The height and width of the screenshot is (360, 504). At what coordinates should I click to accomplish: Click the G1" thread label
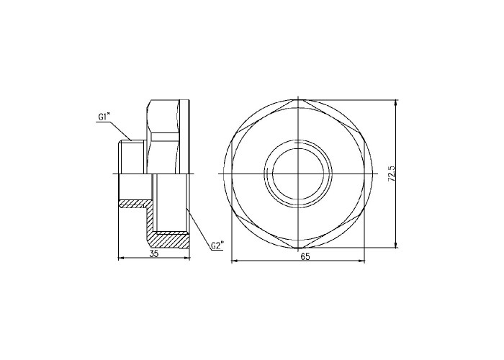(x=104, y=117)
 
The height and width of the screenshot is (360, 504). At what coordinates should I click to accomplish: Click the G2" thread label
(x=217, y=246)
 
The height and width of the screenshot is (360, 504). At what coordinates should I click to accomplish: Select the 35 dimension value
(x=154, y=253)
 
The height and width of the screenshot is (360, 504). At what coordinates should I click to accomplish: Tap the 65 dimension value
(x=305, y=257)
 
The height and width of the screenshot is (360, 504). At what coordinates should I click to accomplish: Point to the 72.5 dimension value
(x=392, y=174)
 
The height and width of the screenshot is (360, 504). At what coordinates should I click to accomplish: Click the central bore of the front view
(x=298, y=174)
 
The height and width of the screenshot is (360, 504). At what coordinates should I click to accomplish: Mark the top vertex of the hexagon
(x=298, y=100)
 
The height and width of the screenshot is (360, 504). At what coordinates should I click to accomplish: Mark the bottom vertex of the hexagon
(x=298, y=248)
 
